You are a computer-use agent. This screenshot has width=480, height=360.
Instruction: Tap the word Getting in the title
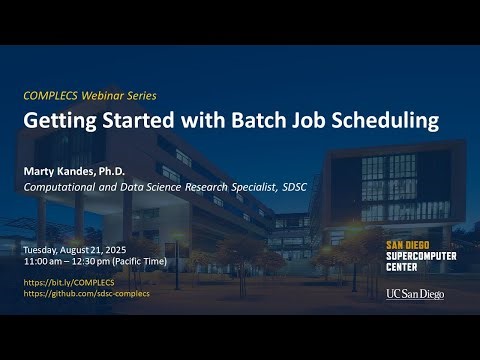62,121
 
